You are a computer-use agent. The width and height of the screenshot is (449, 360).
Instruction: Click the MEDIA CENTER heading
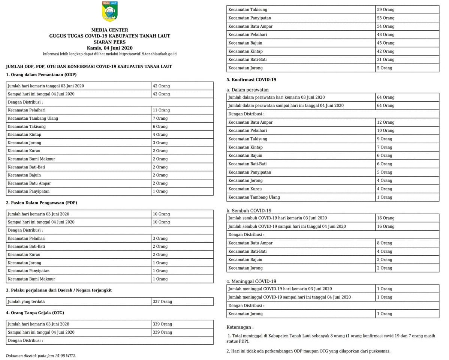(x=109, y=30)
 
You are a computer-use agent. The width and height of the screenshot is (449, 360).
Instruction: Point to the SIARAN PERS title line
(x=109, y=42)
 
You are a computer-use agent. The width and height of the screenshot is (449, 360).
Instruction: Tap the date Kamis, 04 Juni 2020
(x=109, y=48)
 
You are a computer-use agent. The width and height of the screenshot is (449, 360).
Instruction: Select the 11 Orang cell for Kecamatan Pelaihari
(x=161, y=110)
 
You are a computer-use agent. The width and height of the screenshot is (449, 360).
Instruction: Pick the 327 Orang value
(x=162, y=301)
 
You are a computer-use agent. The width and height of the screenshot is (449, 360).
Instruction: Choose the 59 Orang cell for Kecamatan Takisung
(x=386, y=10)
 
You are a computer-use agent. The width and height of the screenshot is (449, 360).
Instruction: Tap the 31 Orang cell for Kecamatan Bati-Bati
(x=386, y=60)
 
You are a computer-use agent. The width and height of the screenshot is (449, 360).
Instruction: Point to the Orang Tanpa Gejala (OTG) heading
(x=35, y=313)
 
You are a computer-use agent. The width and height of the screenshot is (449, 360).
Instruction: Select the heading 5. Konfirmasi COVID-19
(x=251, y=79)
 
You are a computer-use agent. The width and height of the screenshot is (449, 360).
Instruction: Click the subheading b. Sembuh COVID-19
(x=249, y=211)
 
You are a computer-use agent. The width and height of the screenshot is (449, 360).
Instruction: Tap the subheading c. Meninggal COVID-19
(x=251, y=281)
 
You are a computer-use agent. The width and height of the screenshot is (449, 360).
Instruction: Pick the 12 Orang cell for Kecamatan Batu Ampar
(x=386, y=122)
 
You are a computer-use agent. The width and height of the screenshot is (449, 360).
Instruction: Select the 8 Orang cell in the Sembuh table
(x=385, y=243)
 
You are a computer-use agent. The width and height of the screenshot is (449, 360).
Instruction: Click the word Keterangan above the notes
(x=240, y=327)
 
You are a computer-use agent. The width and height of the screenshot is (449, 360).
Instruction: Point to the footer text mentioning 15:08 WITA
(x=40, y=356)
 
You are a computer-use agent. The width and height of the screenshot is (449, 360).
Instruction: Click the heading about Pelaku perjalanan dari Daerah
(x=59, y=290)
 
